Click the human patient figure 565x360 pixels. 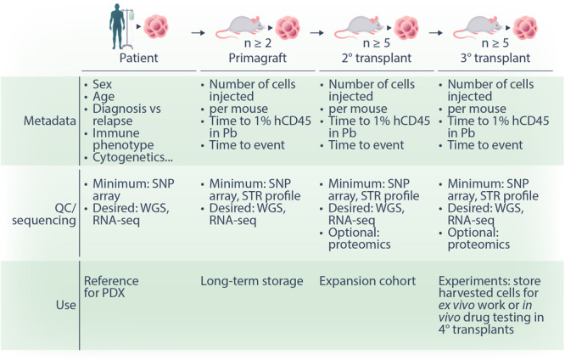117,26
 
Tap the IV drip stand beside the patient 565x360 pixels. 129,29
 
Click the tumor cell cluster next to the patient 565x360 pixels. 156,26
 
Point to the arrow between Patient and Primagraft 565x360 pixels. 198,33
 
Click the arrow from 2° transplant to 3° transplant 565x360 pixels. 436,33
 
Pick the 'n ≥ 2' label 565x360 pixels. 258,43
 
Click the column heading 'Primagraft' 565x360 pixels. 258,58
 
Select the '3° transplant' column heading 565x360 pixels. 495,58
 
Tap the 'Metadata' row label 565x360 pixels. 50,121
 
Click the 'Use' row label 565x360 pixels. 66,305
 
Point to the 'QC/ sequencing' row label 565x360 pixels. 44,214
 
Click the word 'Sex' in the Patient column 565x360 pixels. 103,84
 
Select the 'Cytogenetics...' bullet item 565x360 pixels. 132,157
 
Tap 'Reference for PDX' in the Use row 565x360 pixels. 111,287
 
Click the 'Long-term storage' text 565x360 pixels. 251,281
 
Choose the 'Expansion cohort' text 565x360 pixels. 367,281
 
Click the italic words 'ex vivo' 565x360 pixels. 456,305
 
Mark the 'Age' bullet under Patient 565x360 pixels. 103,96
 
